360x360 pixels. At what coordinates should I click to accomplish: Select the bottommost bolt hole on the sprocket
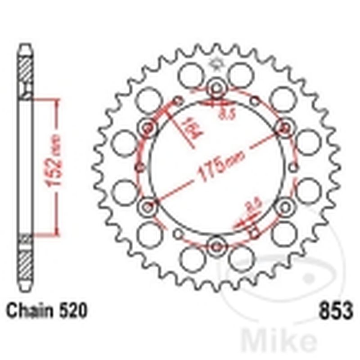coord(217,246)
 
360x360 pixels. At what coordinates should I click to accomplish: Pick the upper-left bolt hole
coord(148,128)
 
